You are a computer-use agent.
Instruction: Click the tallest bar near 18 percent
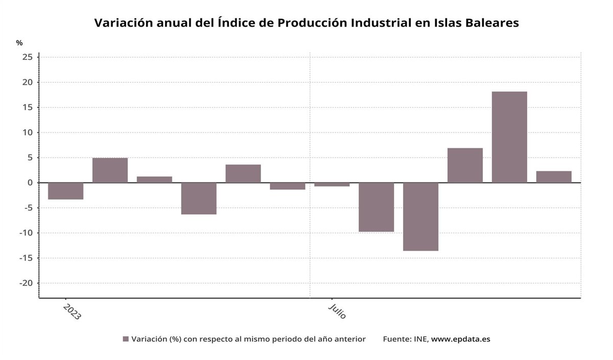coord(509,137)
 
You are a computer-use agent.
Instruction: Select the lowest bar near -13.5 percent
coord(420,217)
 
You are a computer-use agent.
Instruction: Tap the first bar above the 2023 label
coord(65,191)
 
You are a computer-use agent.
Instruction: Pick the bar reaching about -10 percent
coord(376,207)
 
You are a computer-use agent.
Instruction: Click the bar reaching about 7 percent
coord(465,165)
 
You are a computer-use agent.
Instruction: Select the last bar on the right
coord(554,177)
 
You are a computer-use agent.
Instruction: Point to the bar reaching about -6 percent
coord(199,198)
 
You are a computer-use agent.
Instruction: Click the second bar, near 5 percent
coord(110,170)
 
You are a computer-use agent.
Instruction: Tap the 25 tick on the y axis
coord(28,57)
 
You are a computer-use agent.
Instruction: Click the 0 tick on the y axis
coord(30,183)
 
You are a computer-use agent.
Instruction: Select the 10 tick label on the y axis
coord(28,133)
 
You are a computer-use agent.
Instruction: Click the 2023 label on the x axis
coord(72,311)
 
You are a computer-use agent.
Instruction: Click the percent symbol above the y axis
coord(19,43)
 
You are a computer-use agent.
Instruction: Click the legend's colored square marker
coord(126,339)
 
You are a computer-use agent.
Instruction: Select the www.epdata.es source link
coord(460,339)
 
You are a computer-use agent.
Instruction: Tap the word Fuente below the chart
coord(397,339)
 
